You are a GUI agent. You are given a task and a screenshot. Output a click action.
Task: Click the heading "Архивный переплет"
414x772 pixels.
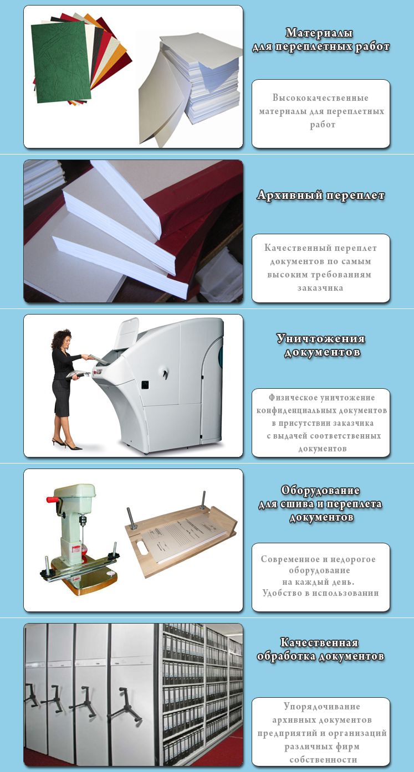tap(320, 195)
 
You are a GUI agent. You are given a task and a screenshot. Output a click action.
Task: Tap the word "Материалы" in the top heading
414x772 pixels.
tap(319, 33)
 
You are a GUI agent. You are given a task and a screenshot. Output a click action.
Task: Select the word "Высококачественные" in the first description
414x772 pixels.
tap(320, 97)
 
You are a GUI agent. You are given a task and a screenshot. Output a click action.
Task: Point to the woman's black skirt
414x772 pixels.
tap(61, 398)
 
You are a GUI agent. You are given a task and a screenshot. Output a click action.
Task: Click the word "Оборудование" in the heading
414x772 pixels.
tap(320, 491)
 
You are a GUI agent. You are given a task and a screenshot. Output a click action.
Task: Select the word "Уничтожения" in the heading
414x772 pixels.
tap(320, 338)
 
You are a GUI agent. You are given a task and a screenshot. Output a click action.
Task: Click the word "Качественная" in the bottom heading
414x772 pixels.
tap(319, 642)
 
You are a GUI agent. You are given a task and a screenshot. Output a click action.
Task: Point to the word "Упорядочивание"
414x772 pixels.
tap(322, 706)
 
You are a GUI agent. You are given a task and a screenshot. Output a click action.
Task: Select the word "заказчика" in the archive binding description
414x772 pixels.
tap(320, 287)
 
